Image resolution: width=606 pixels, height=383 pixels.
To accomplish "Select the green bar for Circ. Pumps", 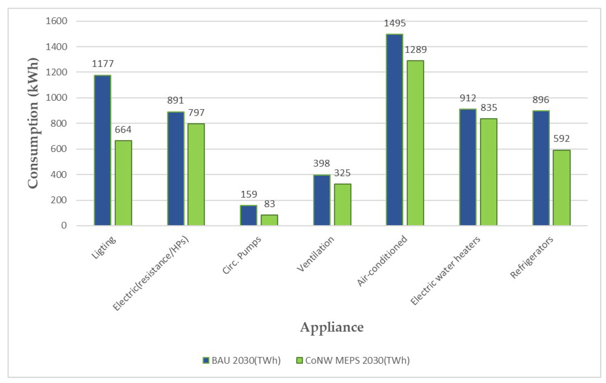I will click(269, 220).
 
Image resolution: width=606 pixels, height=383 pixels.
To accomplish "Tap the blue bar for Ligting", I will click(102, 150).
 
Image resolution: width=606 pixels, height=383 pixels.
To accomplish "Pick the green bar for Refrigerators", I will click(561, 187).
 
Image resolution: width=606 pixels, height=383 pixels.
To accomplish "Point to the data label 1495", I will click(395, 23).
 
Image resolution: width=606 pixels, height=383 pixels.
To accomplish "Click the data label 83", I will click(269, 204).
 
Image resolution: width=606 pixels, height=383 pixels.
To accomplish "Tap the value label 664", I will click(123, 130).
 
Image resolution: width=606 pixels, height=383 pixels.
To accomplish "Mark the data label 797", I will click(196, 112).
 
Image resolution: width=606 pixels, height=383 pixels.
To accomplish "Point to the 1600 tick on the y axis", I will click(56, 21).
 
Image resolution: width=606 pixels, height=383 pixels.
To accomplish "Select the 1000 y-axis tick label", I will click(56, 98).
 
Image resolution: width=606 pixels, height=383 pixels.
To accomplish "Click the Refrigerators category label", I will click(531, 257).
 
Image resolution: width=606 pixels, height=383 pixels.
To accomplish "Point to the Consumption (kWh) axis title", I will click(33, 123).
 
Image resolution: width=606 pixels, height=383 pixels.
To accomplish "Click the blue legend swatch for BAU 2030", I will click(206, 360).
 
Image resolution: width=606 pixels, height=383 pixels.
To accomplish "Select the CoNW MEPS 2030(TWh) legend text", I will click(357, 360).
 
